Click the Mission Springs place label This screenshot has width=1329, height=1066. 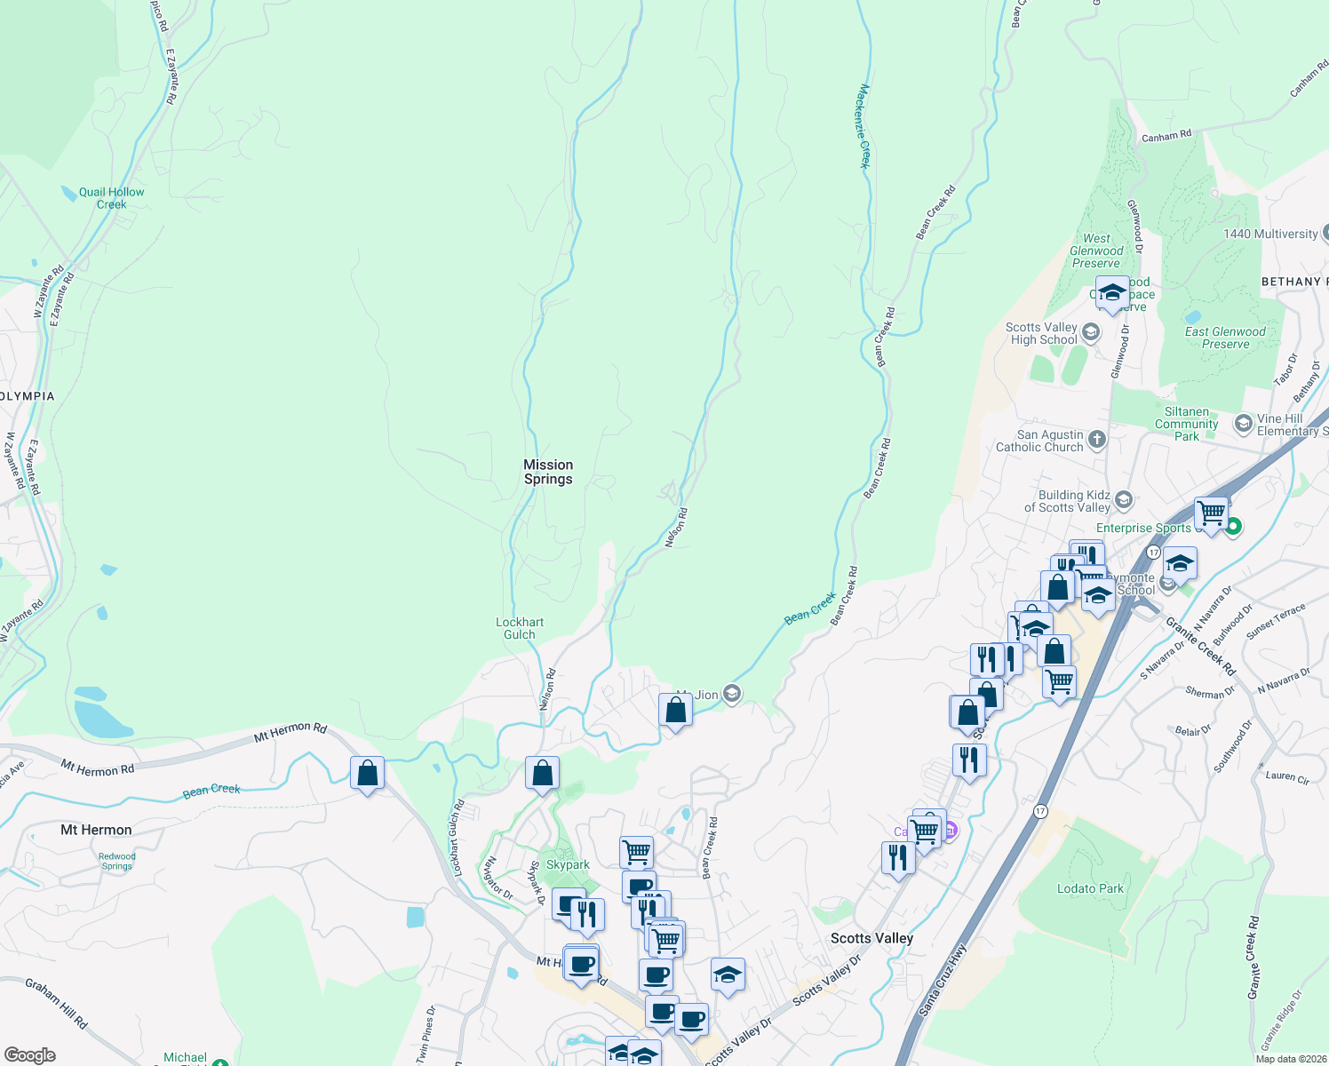click(x=548, y=472)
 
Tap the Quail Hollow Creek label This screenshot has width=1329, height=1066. click(x=111, y=198)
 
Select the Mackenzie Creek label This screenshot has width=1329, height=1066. click(x=863, y=126)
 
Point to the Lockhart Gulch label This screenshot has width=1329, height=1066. click(x=520, y=628)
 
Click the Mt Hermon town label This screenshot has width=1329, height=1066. click(x=96, y=830)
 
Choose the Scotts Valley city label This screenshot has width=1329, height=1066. click(x=871, y=938)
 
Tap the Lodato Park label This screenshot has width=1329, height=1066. click(x=1090, y=888)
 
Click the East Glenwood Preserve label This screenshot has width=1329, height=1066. click(x=1225, y=338)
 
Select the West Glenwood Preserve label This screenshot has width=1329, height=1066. click(x=1096, y=251)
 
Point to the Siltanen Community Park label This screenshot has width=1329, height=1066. click(x=1187, y=424)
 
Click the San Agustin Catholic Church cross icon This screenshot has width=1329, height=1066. click(x=1097, y=439)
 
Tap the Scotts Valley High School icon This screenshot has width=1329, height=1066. click(x=1091, y=332)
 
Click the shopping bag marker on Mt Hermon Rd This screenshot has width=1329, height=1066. click(x=367, y=774)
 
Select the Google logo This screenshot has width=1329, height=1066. click(x=29, y=1054)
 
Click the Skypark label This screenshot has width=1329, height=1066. click(x=568, y=864)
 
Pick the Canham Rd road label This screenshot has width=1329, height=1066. click(x=1166, y=136)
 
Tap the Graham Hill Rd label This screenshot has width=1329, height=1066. click(x=57, y=1004)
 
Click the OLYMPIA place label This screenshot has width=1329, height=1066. click(x=28, y=396)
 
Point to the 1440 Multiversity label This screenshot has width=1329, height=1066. click(x=1270, y=234)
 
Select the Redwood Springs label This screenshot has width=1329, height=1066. click(x=117, y=861)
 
